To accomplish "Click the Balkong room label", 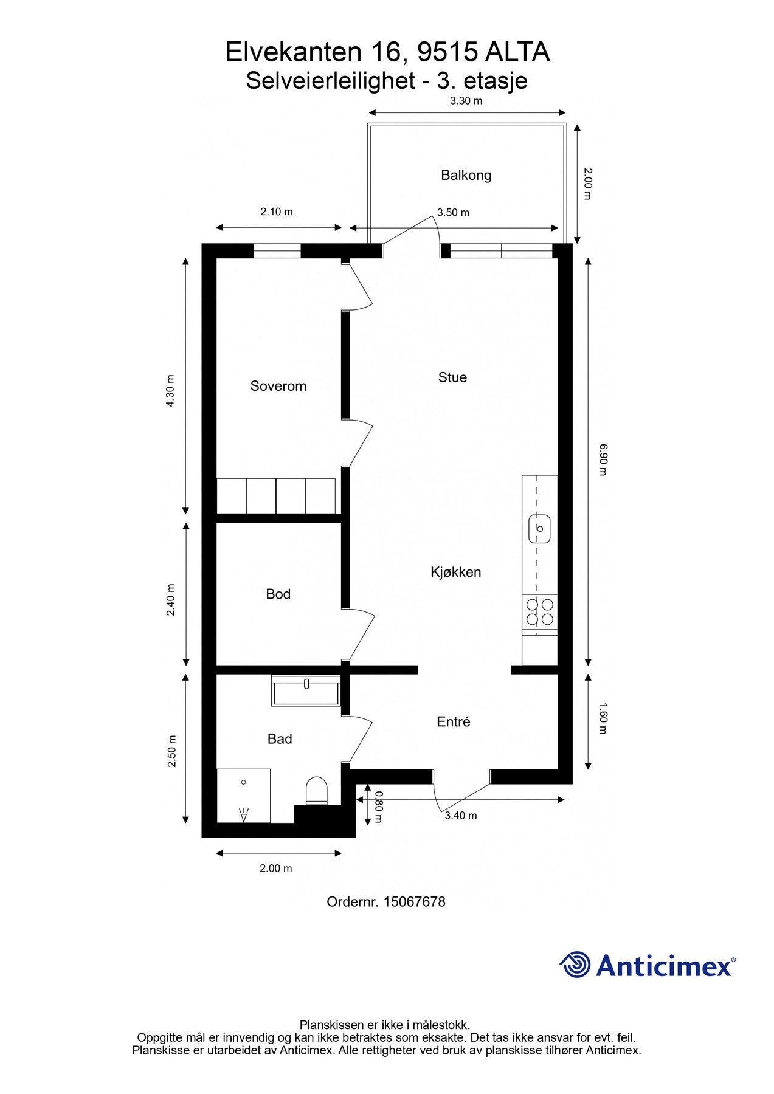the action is pyautogui.click(x=466, y=176).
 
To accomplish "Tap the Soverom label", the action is pyautogui.click(x=278, y=386).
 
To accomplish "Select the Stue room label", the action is pyautogui.click(x=452, y=377).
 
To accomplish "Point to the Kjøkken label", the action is pyautogui.click(x=455, y=572).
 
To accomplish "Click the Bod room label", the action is pyautogui.click(x=278, y=594).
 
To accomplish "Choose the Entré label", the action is pyautogui.click(x=454, y=721).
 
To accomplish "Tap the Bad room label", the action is pyautogui.click(x=280, y=738).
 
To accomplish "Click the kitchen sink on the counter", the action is pyautogui.click(x=539, y=528).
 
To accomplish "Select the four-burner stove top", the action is pyautogui.click(x=540, y=612).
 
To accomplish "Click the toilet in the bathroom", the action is pyautogui.click(x=316, y=791).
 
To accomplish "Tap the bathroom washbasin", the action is pyautogui.click(x=306, y=690).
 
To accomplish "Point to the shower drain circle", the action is pyautogui.click(x=243, y=782).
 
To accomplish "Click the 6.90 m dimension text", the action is pyautogui.click(x=603, y=459).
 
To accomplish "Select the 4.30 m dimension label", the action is pyautogui.click(x=171, y=391).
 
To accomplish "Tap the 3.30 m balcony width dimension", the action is pyautogui.click(x=466, y=101).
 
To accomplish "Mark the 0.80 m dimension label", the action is pyautogui.click(x=379, y=807).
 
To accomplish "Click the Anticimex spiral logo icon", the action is pyautogui.click(x=575, y=965).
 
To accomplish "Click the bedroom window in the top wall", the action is pyautogui.click(x=277, y=250).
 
